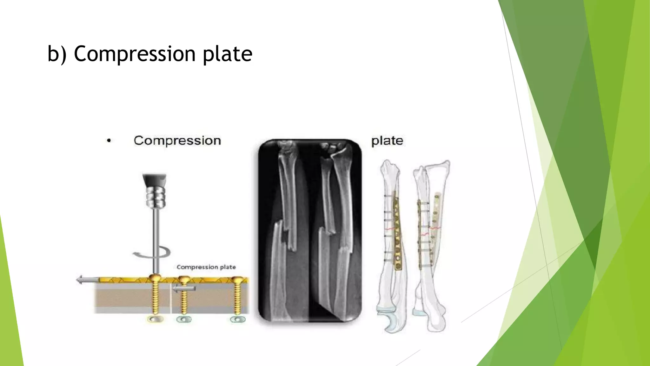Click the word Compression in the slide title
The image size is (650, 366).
135,54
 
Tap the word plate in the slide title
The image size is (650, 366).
227,54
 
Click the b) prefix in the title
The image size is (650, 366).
57,54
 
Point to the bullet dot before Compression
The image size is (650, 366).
109,140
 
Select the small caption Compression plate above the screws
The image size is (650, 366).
206,267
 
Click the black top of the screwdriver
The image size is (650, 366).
154,180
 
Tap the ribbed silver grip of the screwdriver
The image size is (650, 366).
156,197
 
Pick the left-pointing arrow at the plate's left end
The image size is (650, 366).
87,280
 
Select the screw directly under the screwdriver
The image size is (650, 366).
155,295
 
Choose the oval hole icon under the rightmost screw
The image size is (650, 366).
237,319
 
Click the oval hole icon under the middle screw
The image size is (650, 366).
184,319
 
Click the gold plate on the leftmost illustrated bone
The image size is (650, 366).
397,232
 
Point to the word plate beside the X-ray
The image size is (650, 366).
387,141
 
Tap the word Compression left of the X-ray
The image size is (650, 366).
177,140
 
